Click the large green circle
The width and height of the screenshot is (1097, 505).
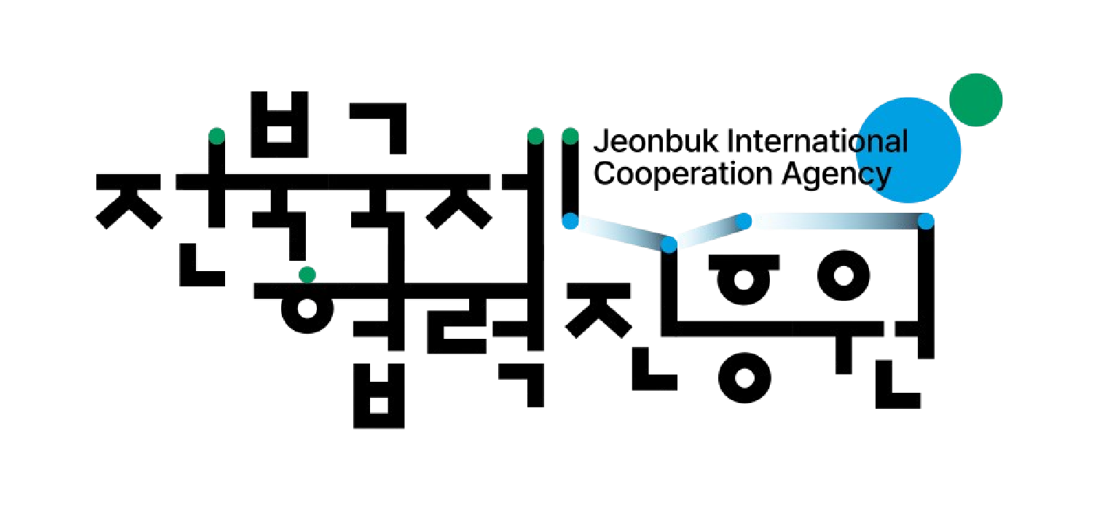point(975,100)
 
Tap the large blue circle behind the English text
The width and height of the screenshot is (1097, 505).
point(908,150)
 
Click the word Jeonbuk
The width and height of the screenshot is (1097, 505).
point(656,141)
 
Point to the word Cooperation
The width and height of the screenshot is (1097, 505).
point(683,174)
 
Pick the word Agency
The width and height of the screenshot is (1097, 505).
point(836,176)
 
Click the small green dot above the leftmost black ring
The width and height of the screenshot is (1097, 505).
point(307,275)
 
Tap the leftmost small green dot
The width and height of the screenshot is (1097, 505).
point(216,136)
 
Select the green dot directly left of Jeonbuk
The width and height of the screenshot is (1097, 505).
point(570,136)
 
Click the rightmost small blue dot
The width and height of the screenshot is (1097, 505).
point(926,221)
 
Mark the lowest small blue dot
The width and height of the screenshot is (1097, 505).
point(669,244)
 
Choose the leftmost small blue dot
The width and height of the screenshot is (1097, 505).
point(570,221)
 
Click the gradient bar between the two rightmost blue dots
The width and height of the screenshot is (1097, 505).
point(835,221)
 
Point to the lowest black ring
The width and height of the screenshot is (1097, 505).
point(744,377)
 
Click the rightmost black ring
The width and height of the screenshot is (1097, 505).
point(844,275)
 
